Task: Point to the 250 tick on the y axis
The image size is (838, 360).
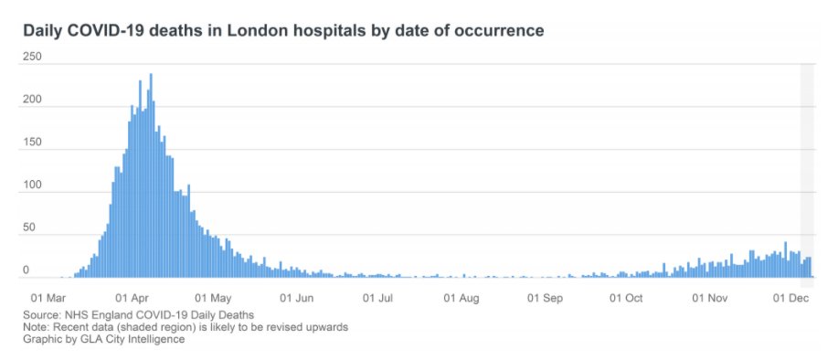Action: [33, 57]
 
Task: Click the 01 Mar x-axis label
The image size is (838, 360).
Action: [48, 298]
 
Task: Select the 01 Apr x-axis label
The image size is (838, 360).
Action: [133, 298]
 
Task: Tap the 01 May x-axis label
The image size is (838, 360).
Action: [215, 298]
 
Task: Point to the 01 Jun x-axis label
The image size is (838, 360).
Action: [298, 298]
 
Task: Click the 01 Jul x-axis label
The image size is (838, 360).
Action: [378, 298]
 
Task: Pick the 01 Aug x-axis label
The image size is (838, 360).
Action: [461, 298]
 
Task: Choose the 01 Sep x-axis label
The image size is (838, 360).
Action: [546, 298]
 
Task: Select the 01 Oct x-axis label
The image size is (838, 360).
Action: [627, 298]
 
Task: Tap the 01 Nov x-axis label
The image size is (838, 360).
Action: [711, 298]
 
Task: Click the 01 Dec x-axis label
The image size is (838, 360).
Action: [791, 298]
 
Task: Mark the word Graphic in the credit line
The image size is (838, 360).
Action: [44, 339]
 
